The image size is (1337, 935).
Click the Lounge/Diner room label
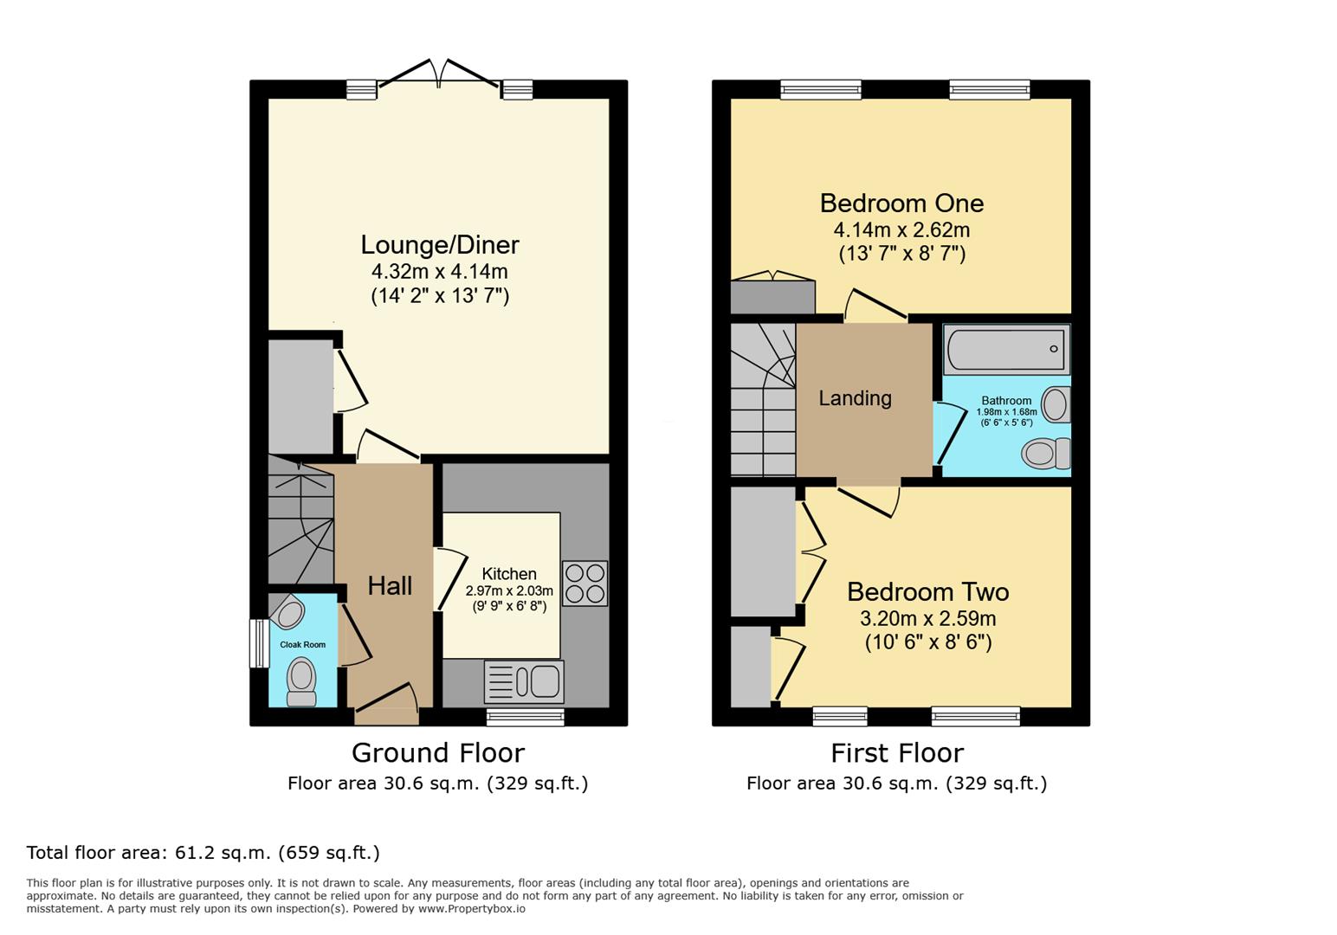click(440, 245)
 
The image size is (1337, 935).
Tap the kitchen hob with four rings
click(585, 583)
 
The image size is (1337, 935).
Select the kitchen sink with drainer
click(524, 681)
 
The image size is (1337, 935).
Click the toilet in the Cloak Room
click(300, 681)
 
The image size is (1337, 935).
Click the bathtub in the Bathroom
click(1006, 349)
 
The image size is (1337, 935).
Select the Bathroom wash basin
click(1056, 404)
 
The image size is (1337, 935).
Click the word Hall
click(390, 586)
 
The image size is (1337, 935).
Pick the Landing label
click(855, 398)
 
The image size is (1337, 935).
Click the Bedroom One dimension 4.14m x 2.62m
click(901, 230)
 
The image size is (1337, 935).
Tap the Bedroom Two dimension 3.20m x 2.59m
click(927, 619)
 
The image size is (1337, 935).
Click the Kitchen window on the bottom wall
click(525, 717)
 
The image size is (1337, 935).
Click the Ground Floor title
click(437, 752)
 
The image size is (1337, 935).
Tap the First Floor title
click(896, 752)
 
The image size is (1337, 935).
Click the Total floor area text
click(203, 853)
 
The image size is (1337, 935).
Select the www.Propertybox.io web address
click(472, 909)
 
